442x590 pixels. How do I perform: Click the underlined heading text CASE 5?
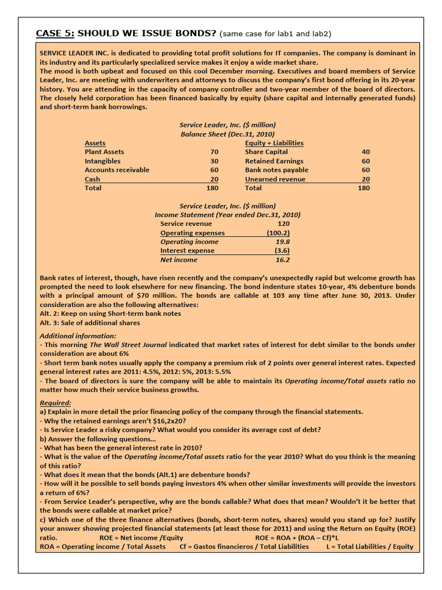pyautogui.click(x=55, y=33)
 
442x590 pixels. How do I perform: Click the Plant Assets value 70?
pyautogui.click(x=215, y=152)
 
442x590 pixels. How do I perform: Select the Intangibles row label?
pyautogui.click(x=102, y=161)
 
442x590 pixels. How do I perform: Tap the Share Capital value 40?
pyautogui.click(x=365, y=152)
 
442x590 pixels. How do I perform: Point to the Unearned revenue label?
pyautogui.click(x=274, y=179)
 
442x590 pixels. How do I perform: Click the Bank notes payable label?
pyautogui.click(x=276, y=170)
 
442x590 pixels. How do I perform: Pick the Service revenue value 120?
pyautogui.click(x=283, y=224)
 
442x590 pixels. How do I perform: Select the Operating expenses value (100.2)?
pyautogui.click(x=278, y=233)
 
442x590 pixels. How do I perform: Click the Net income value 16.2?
pyautogui.click(x=283, y=260)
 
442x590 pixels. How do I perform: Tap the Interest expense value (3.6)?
pyautogui.click(x=282, y=251)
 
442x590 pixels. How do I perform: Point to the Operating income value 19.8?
pyautogui.click(x=283, y=242)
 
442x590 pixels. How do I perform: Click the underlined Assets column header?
pyautogui.click(x=95, y=143)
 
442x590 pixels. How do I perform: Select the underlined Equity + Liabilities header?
pyautogui.click(x=274, y=143)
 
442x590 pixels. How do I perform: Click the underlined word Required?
pyautogui.click(x=55, y=403)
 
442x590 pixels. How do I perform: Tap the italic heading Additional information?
pyautogui.click(x=78, y=336)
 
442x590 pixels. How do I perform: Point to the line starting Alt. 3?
pyautogui.click(x=90, y=323)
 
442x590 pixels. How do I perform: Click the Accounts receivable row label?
pyautogui.click(x=117, y=170)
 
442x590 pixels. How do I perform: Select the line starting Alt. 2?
pyautogui.click(x=110, y=313)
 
